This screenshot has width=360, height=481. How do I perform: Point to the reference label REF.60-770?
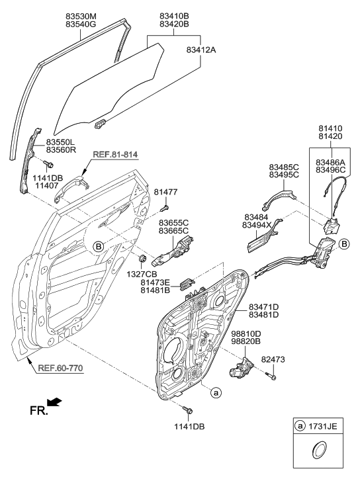tap(60, 368)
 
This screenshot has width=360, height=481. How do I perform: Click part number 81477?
tap(165, 192)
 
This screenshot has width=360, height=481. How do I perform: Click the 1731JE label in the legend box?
tap(324, 427)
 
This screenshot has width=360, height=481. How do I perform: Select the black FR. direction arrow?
tap(58, 402)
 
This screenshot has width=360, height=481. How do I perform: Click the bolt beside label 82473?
tap(273, 376)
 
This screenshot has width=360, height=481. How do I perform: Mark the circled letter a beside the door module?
tap(215, 393)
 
